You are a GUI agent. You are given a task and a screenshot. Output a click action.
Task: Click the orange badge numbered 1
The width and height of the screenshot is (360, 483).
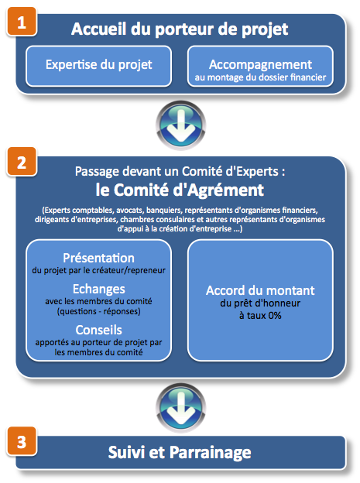click(22, 22)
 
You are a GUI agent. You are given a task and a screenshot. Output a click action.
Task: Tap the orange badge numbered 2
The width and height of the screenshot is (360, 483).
click(22, 162)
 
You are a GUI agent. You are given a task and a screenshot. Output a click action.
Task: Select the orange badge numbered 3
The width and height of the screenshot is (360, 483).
click(22, 441)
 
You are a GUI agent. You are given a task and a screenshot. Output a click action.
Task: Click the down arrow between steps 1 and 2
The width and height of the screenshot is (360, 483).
click(181, 125)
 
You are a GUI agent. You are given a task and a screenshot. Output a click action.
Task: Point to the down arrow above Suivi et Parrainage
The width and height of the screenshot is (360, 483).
click(181, 407)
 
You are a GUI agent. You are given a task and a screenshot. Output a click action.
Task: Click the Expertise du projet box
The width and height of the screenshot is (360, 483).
click(98, 66)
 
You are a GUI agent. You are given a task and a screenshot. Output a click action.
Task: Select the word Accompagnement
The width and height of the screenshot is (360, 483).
click(260, 65)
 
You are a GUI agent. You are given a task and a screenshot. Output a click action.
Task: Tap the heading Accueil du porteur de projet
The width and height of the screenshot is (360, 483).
click(180, 29)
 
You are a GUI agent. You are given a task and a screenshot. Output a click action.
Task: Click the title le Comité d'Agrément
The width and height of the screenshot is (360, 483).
click(180, 190)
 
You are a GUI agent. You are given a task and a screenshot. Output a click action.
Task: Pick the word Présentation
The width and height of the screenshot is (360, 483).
click(98, 258)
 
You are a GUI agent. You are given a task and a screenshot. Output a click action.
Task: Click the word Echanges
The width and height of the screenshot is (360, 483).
click(99, 289)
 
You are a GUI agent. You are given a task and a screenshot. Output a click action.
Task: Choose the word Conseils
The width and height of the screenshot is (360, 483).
click(98, 330)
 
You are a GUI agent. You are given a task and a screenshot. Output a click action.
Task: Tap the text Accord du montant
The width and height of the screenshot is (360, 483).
click(260, 290)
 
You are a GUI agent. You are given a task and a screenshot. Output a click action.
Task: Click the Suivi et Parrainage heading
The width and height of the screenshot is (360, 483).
click(180, 453)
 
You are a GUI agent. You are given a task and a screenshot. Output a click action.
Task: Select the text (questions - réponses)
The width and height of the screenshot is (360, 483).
click(98, 311)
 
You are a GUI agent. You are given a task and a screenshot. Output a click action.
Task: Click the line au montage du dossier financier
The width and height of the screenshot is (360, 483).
click(260, 77)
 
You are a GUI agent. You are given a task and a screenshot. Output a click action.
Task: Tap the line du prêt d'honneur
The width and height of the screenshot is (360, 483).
click(260, 303)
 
